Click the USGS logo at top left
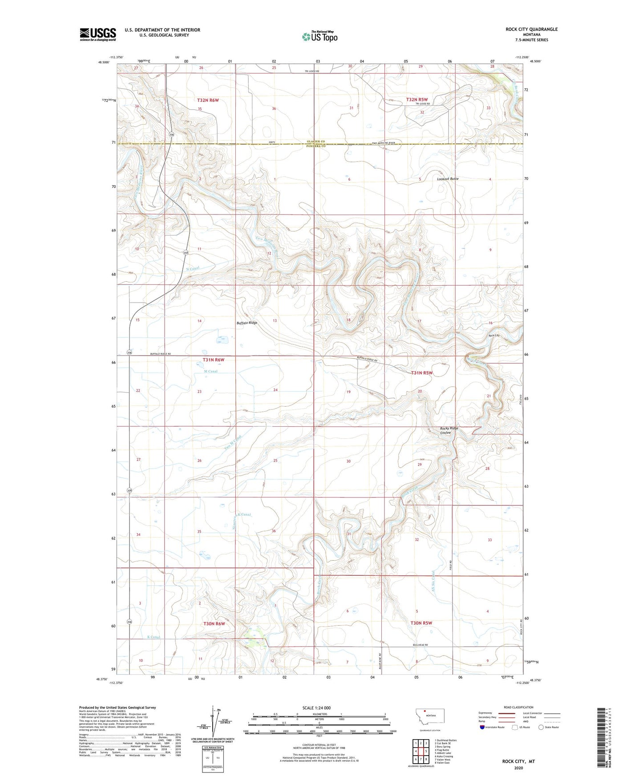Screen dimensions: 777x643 pyautogui.click(x=97, y=34)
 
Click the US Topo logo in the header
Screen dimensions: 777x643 pyautogui.click(x=319, y=36)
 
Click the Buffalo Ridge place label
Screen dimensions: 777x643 pyautogui.click(x=247, y=323)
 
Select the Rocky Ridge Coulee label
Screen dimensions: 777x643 pyautogui.click(x=446, y=430)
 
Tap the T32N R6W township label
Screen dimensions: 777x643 pyautogui.click(x=208, y=101)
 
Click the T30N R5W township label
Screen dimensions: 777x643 pyautogui.click(x=421, y=623)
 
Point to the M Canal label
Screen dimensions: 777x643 pyautogui.click(x=210, y=371)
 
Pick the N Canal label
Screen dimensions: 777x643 pyautogui.click(x=192, y=268)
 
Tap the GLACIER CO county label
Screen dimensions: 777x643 pyautogui.click(x=316, y=142)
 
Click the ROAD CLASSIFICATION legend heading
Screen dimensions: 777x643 pyautogui.click(x=518, y=707)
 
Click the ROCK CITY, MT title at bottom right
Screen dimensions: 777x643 pyautogui.click(x=518, y=761)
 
